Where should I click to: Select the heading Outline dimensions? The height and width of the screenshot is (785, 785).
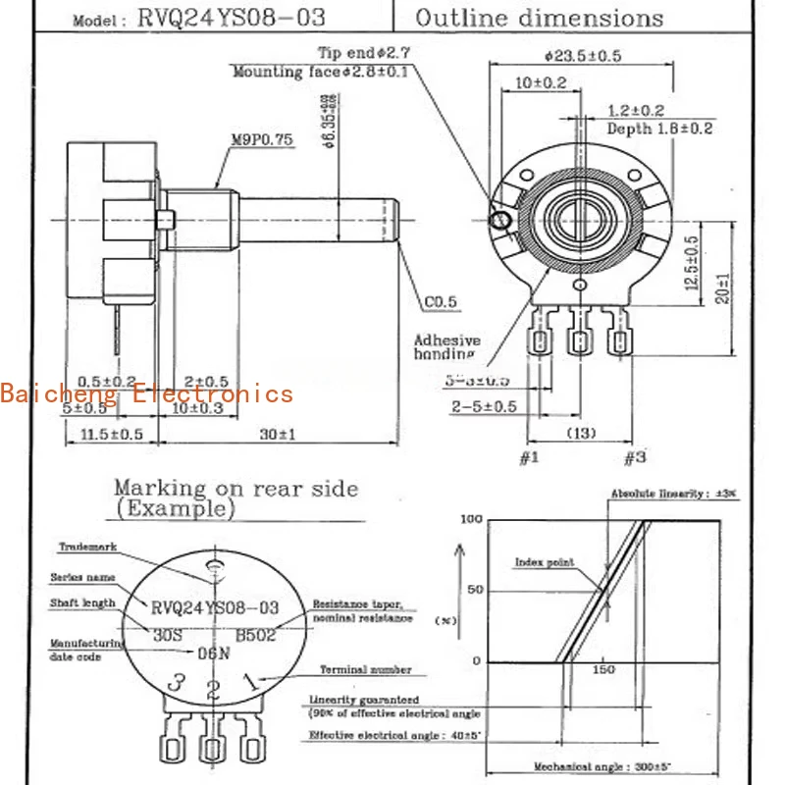(x=539, y=18)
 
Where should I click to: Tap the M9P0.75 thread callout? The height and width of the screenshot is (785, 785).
(x=262, y=139)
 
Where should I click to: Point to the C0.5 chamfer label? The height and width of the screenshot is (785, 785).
(x=441, y=302)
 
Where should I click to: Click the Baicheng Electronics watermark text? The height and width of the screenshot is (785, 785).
(x=147, y=394)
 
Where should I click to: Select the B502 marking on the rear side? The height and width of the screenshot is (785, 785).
(x=255, y=635)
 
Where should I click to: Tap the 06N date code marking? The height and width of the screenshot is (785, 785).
(x=214, y=653)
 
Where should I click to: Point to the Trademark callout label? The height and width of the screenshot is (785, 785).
(x=87, y=547)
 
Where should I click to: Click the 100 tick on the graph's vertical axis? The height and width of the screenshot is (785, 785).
(x=472, y=518)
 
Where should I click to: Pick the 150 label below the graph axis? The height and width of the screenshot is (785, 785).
(x=603, y=669)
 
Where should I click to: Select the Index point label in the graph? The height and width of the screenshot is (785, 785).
(x=545, y=563)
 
